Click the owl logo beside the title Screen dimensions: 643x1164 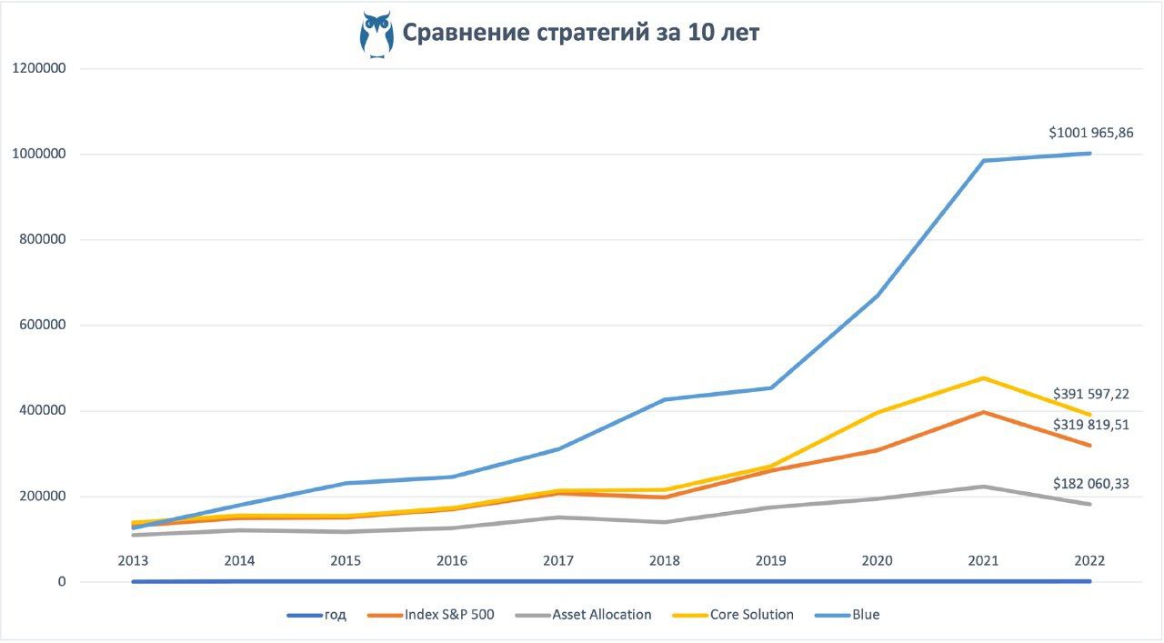(x=376, y=35)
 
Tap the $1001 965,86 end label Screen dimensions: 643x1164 (x=1090, y=133)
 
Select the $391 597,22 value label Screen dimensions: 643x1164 (x=1090, y=394)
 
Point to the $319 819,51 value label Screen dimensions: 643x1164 (x=1090, y=424)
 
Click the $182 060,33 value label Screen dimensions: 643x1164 (x=1090, y=484)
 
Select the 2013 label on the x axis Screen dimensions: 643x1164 (x=134, y=561)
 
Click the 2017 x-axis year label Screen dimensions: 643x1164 (x=558, y=561)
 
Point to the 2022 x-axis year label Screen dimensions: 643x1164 (x=1089, y=561)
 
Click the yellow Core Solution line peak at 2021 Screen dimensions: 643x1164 (x=983, y=378)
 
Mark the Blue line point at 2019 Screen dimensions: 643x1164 (x=771, y=388)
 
